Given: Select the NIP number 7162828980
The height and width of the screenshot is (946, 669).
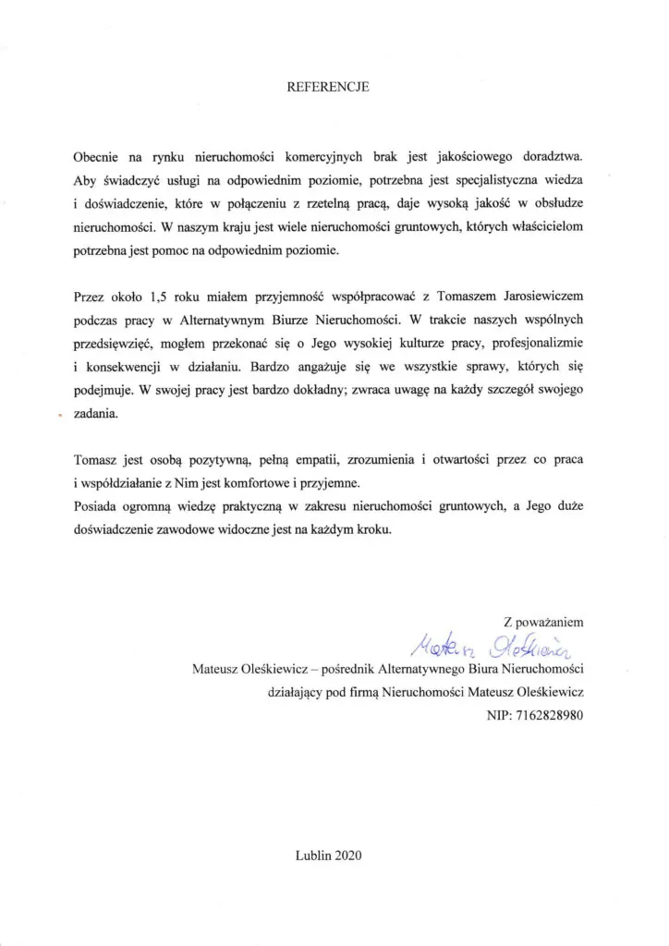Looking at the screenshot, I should pyautogui.click(x=550, y=715).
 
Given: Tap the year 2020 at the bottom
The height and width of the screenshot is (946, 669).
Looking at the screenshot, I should pyautogui.click(x=350, y=855).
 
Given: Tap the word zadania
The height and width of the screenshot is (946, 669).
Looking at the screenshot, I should pyautogui.click(x=96, y=416).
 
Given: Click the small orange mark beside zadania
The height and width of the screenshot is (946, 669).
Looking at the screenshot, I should pyautogui.click(x=59, y=417).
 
